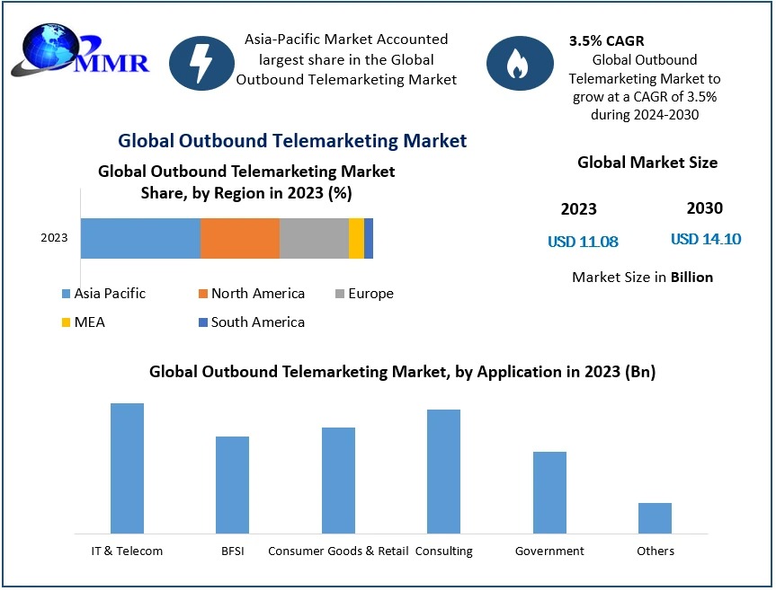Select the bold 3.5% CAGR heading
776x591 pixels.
coord(606,41)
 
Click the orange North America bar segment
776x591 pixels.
coord(239,238)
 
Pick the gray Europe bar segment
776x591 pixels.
coord(313,238)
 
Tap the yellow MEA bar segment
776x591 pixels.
coord(356,238)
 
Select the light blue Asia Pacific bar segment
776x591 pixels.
coord(140,238)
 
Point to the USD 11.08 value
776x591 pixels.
coord(583,242)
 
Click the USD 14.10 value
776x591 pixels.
coord(706,239)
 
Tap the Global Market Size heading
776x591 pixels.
coord(647,163)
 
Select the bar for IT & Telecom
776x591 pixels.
coord(127,468)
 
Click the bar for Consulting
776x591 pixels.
coord(443,471)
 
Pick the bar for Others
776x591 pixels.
coord(655,518)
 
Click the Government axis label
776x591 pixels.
coord(549,551)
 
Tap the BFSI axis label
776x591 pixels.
coord(232,551)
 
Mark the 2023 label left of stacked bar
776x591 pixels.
coord(54,238)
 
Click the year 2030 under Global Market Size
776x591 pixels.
coord(704,208)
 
